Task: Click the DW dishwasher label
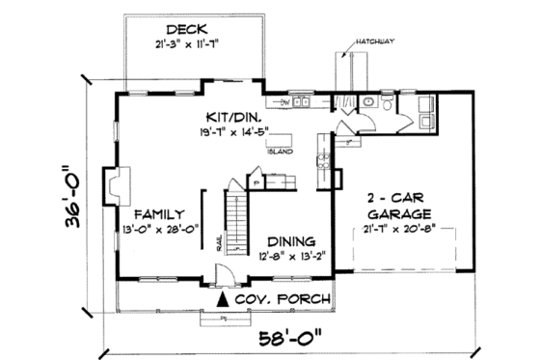pyautogui.click(x=285, y=101)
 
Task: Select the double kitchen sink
pyautogui.click(x=302, y=100)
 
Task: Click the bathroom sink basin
pyautogui.click(x=370, y=101)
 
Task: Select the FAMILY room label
pyautogui.click(x=160, y=213)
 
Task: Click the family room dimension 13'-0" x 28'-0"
pyautogui.click(x=160, y=229)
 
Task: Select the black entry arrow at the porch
pyautogui.click(x=225, y=299)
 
